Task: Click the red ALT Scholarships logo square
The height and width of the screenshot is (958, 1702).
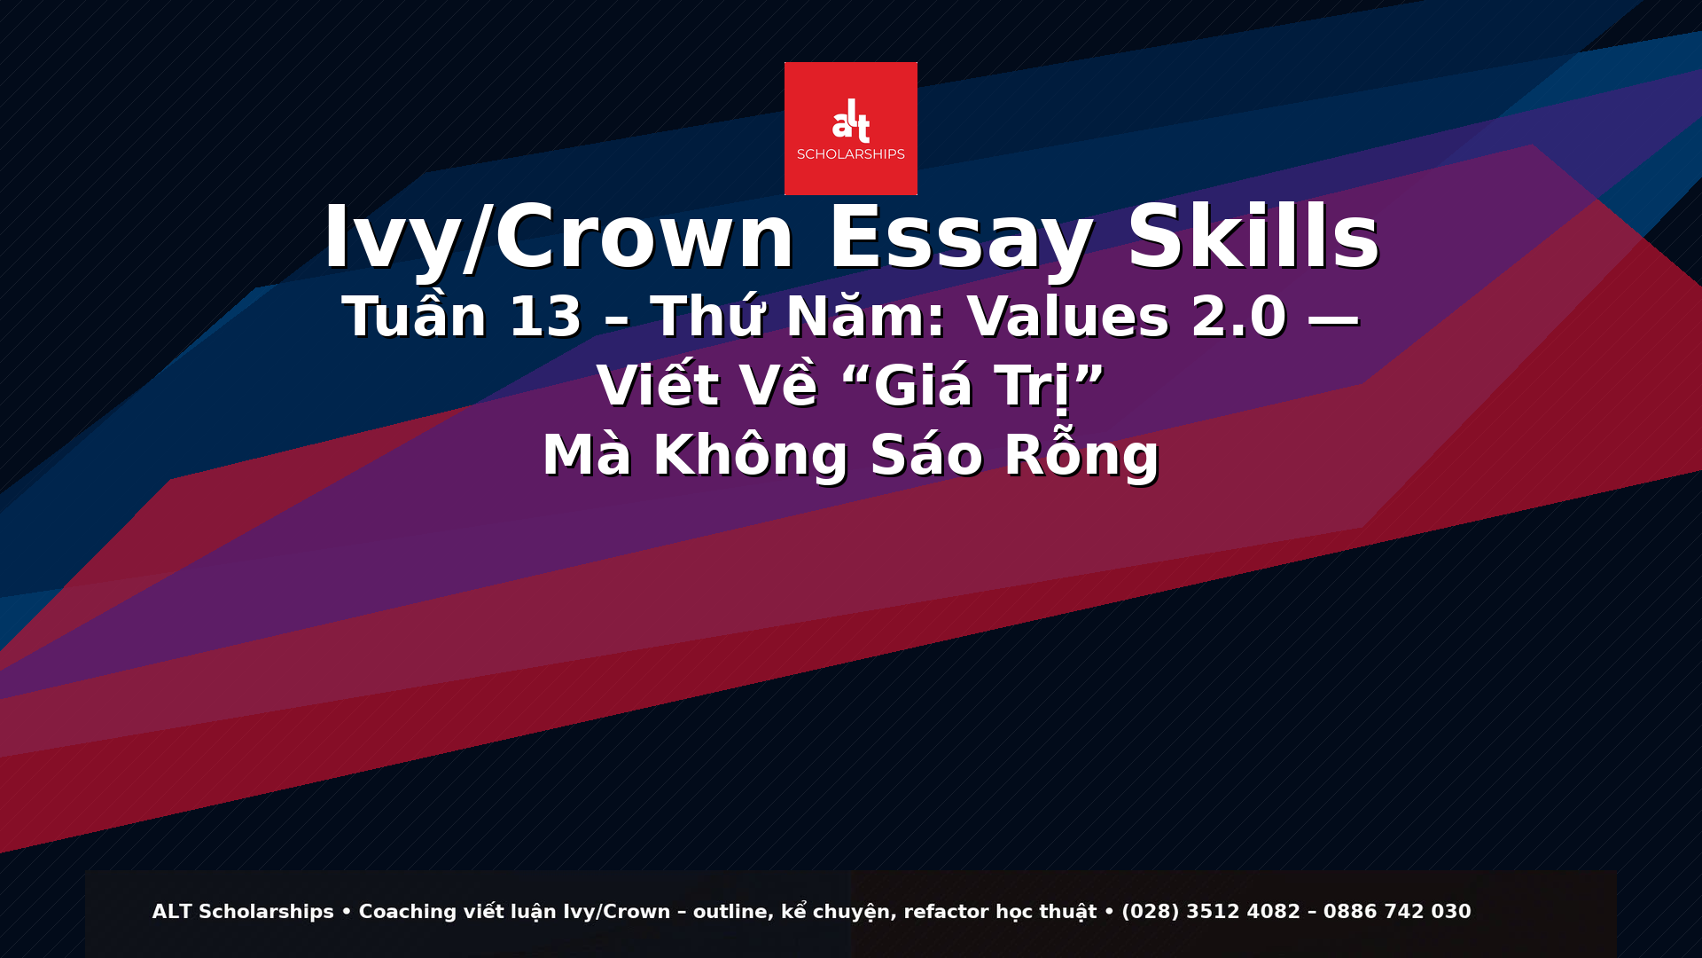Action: pyautogui.click(x=851, y=129)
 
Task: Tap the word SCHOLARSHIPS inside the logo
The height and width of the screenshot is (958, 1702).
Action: pyautogui.click(x=851, y=154)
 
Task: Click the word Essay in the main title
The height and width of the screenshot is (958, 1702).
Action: pyautogui.click(x=961, y=238)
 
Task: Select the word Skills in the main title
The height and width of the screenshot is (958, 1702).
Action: pyautogui.click(x=1253, y=236)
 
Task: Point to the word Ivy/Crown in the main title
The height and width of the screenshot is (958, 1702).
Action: pyautogui.click(x=558, y=238)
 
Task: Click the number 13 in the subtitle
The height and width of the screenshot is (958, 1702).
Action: pyautogui.click(x=545, y=318)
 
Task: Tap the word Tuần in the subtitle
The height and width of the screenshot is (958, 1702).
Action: pyautogui.click(x=415, y=314)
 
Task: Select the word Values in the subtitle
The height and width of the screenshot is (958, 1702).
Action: pyautogui.click(x=1068, y=317)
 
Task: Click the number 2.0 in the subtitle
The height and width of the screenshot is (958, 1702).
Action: pyautogui.click(x=1239, y=318)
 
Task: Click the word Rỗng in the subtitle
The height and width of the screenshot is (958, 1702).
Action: pyautogui.click(x=1081, y=453)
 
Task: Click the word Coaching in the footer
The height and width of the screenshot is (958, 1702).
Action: pyautogui.click(x=408, y=912)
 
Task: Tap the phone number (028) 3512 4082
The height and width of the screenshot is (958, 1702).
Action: pyautogui.click(x=1211, y=912)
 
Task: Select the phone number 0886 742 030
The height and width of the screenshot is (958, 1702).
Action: pyautogui.click(x=1397, y=912)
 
